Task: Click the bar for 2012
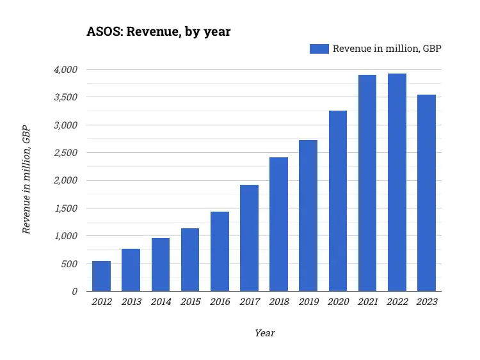[x=101, y=276]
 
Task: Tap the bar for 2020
[x=338, y=201]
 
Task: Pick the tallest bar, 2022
[x=397, y=182]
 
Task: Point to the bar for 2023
[x=426, y=192]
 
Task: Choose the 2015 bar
[x=190, y=260]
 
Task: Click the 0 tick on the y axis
[x=74, y=292]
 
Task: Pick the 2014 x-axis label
[x=161, y=302]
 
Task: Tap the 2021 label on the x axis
[x=367, y=302]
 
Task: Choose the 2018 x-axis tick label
[x=279, y=302]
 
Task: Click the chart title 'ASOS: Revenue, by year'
[x=158, y=31]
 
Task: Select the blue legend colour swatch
[x=319, y=49]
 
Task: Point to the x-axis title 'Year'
[x=264, y=333]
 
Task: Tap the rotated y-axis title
[x=26, y=180]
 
